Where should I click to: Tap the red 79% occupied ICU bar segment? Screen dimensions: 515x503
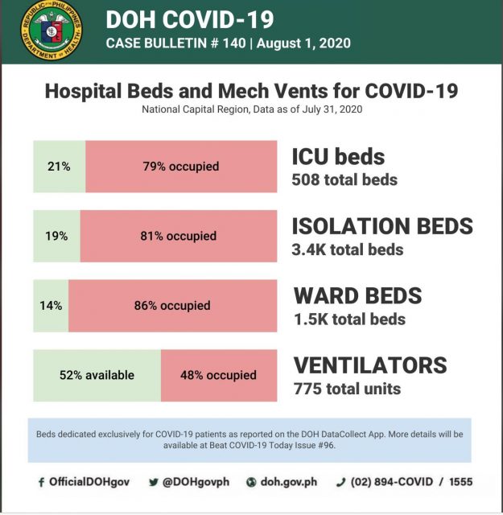[181, 167]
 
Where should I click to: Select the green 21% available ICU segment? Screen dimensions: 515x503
[59, 167]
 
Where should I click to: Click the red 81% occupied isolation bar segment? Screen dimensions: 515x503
[179, 236]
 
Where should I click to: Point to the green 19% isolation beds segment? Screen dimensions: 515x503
[56, 236]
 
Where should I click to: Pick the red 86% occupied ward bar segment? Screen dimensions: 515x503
[172, 306]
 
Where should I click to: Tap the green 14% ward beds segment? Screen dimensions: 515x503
[51, 306]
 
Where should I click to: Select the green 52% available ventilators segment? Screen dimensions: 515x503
[97, 375]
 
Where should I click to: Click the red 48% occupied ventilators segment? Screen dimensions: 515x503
[219, 375]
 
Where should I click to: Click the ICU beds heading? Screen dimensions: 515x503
[338, 156]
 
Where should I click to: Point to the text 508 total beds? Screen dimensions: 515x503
[344, 179]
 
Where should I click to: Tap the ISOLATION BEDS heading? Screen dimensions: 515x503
[382, 226]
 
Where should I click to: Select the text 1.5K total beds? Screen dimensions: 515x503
[349, 319]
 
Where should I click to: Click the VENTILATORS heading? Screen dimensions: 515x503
[370, 365]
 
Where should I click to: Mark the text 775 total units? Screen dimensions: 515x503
[347, 389]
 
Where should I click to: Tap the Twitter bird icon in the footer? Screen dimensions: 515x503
[154, 482]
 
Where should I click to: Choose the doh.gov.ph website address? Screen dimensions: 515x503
[289, 482]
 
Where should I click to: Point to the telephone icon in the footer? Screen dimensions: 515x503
[340, 482]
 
